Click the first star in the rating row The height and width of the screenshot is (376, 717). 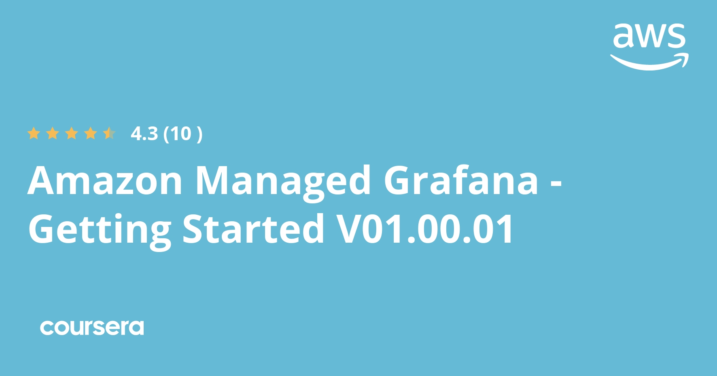click(x=34, y=133)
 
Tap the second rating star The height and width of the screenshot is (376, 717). click(x=53, y=133)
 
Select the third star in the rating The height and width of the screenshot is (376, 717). click(x=72, y=133)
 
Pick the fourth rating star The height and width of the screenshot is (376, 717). click(x=91, y=133)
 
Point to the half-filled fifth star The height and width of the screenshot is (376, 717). click(x=109, y=133)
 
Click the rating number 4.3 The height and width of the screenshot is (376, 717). click(x=144, y=134)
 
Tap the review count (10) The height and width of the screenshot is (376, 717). click(x=182, y=134)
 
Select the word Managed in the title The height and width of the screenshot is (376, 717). click(x=283, y=181)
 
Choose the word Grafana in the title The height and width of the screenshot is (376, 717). click(x=461, y=181)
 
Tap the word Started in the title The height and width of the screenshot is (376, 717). click(x=253, y=229)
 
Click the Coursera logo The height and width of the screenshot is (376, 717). click(x=92, y=328)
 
